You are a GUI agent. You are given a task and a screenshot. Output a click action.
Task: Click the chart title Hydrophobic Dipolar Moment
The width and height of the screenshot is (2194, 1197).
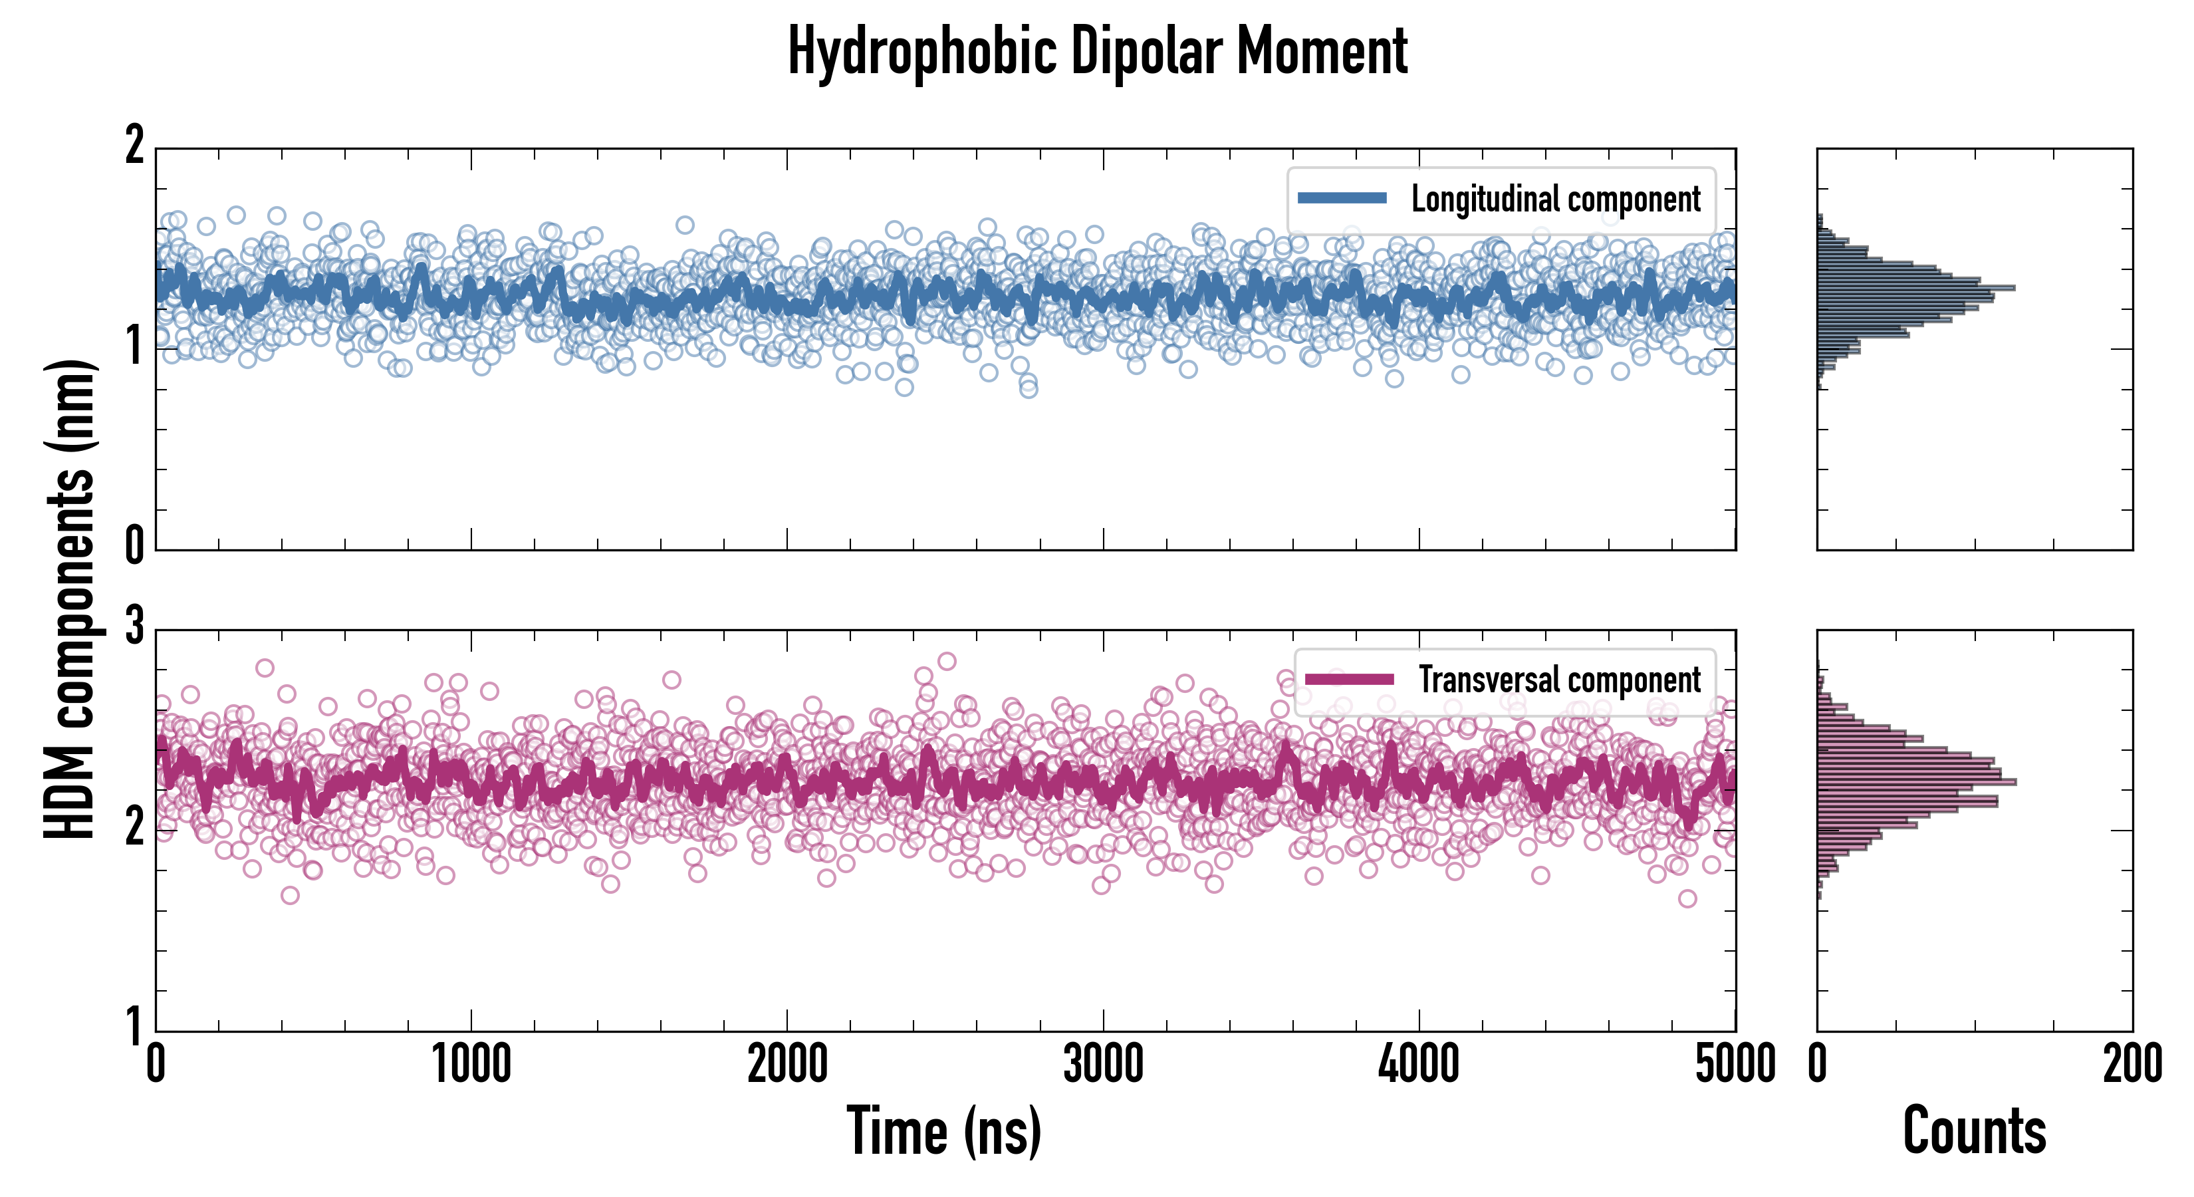1097,51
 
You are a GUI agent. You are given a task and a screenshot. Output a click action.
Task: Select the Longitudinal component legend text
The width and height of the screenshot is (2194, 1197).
1555,199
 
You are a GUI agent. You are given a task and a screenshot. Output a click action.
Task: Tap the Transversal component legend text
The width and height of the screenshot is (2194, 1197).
1558,680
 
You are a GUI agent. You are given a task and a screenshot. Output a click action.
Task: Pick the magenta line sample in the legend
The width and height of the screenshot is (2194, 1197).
1349,679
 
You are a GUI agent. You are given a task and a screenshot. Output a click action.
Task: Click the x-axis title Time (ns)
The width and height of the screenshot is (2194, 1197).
943,1130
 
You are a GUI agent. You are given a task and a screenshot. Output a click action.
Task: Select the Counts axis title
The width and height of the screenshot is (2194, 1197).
1974,1130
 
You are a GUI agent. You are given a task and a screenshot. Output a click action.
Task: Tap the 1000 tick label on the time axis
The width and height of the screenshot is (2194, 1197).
471,1065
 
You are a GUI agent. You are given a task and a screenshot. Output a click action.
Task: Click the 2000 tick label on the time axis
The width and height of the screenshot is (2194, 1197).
787,1065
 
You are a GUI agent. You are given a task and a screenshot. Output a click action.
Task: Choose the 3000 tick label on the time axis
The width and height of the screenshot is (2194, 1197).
1103,1065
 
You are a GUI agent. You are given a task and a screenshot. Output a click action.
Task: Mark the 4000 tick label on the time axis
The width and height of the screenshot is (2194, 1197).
1419,1065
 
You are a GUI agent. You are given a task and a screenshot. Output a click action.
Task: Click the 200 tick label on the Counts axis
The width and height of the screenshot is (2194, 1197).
2132,1065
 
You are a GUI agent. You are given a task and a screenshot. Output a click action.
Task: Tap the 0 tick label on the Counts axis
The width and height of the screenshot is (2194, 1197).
1818,1065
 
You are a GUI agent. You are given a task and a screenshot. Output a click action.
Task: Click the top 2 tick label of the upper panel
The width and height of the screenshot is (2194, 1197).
134,146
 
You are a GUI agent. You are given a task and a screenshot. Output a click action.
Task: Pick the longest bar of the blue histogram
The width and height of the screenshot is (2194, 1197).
1916,288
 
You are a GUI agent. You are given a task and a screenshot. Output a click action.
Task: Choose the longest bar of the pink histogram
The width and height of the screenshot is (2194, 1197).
1916,781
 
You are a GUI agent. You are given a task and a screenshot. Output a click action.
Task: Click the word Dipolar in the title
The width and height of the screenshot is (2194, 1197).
1146,51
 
